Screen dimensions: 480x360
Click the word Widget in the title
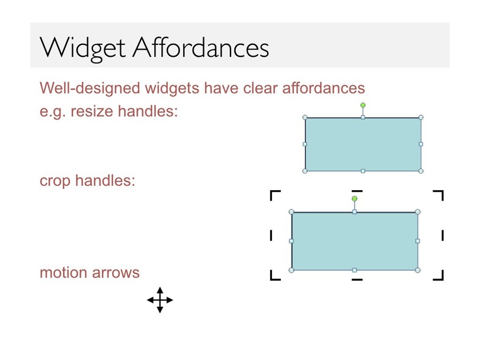click(x=82, y=49)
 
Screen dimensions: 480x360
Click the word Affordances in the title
click(x=201, y=47)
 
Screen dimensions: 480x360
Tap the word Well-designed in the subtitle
click(x=89, y=88)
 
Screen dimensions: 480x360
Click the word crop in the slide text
click(x=55, y=181)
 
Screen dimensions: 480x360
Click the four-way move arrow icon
click(x=160, y=300)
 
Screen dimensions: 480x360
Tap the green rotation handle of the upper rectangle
click(x=363, y=105)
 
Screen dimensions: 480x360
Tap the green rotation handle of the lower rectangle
click(x=354, y=199)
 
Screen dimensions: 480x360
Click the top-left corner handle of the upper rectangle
click(x=305, y=117)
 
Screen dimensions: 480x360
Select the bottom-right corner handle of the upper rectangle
click(x=421, y=171)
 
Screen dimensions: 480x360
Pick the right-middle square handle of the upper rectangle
click(x=421, y=144)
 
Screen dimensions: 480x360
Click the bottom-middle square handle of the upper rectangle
click(x=363, y=171)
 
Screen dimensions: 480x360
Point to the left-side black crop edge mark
click(x=271, y=236)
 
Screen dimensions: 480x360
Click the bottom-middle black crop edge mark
click(x=357, y=279)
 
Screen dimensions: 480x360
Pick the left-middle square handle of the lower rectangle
click(x=292, y=241)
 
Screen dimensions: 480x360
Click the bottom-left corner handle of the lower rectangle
click(x=292, y=270)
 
